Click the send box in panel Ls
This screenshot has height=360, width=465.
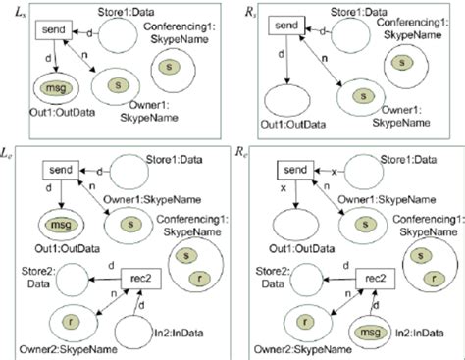55,30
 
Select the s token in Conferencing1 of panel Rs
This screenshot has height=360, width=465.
399,63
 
